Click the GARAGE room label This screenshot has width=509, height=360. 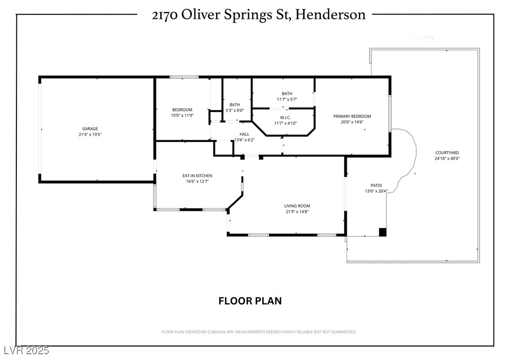(90, 129)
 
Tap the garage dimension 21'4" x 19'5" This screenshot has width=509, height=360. (90, 134)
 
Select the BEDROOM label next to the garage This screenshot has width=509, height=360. (182, 110)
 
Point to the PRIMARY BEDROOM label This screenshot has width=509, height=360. (352, 116)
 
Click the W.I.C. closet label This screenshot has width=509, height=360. (285, 117)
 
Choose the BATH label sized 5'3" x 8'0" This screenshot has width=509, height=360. (235, 105)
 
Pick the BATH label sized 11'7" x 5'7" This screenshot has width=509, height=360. (287, 94)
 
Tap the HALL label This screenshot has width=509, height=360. (244, 134)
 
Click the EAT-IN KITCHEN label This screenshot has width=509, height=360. (198, 176)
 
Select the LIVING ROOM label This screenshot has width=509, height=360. (297, 206)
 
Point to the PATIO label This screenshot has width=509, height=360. (376, 186)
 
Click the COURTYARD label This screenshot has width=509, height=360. (447, 153)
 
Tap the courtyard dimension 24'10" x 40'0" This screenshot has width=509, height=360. (447, 158)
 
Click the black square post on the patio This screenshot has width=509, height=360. (383, 232)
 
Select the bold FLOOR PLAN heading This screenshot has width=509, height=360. (250, 301)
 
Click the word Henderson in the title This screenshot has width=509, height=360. (330, 14)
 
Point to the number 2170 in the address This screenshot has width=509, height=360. (165, 15)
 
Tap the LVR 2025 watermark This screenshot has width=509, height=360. (27, 350)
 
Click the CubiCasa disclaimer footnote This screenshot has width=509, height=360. (259, 332)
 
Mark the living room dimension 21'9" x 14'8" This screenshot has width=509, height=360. (297, 212)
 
